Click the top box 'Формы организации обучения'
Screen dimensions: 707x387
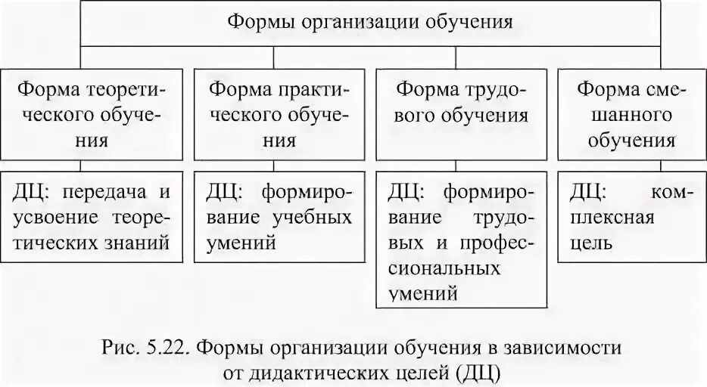(x=371, y=21)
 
